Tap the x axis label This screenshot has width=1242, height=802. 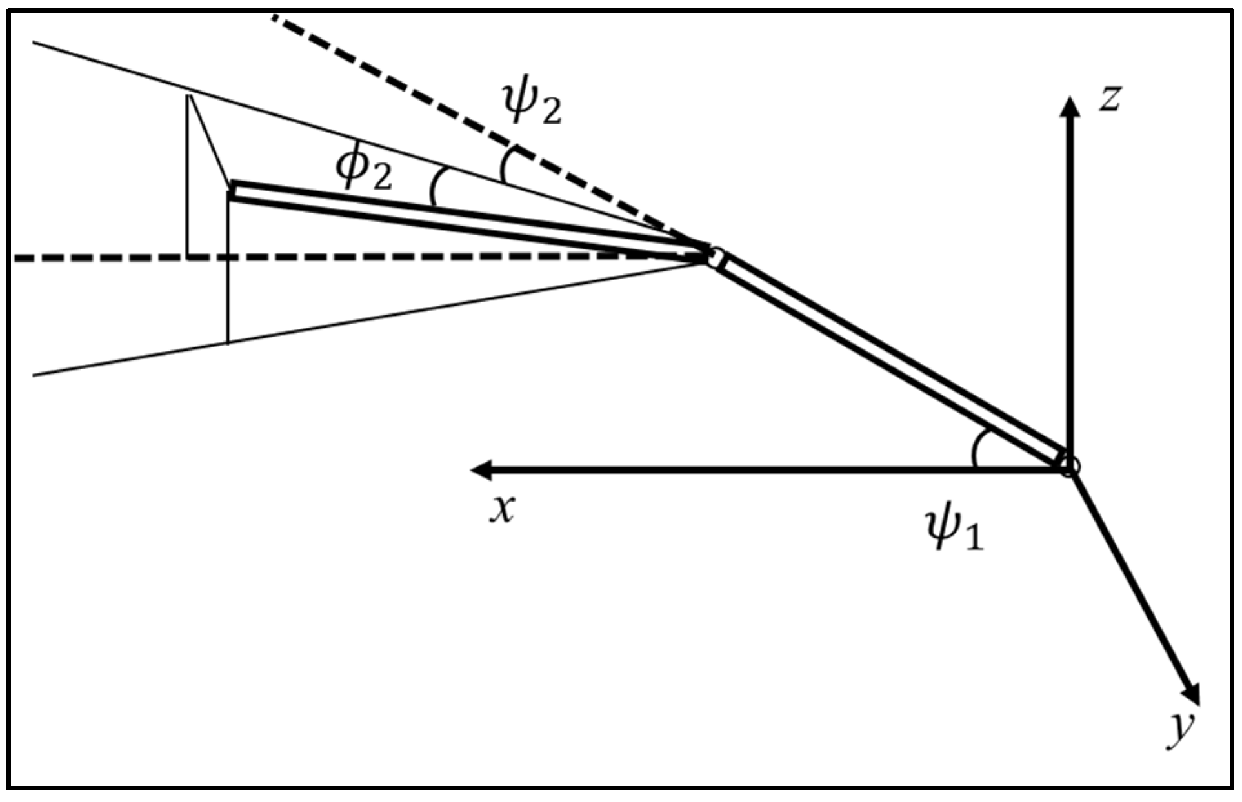(x=502, y=509)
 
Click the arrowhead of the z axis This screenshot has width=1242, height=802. (x=1070, y=106)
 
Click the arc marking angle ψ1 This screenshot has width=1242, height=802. (x=976, y=448)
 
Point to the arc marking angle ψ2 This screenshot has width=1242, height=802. (x=505, y=164)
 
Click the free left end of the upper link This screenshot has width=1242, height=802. (x=232, y=191)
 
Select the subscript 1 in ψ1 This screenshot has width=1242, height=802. (x=973, y=537)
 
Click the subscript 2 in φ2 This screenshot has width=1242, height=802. (x=381, y=179)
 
